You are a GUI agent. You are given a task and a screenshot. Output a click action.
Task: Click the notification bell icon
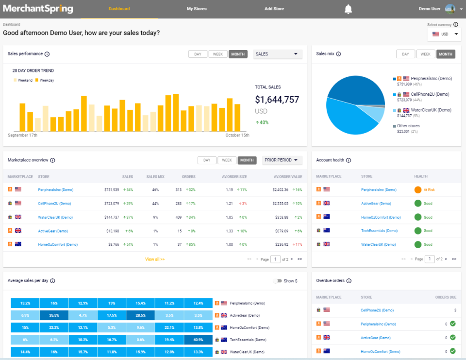[348, 9]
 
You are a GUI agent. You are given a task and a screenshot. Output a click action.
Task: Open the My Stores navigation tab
[197, 9]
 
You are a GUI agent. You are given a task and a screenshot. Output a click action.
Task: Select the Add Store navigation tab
[274, 9]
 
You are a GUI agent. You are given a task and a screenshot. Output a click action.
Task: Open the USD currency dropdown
[445, 34]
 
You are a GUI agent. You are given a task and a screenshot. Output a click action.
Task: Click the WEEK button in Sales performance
[218, 54]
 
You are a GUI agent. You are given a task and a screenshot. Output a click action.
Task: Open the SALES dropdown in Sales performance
[278, 54]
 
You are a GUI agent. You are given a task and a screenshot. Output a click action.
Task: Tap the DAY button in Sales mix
[405, 54]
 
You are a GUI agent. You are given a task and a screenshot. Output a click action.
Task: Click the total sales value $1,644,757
[277, 100]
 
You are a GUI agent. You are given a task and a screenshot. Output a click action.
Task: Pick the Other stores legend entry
[408, 126]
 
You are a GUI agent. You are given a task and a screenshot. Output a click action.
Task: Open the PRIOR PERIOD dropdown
[282, 160]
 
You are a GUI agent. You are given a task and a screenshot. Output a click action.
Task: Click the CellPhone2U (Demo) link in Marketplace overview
[54, 203]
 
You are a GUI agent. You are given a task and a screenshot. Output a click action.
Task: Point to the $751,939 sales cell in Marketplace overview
[111, 189]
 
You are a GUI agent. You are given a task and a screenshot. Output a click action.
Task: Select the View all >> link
[155, 259]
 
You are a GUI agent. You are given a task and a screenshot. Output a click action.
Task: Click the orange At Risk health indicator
[418, 189]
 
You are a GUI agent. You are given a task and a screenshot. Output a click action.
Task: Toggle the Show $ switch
[278, 281]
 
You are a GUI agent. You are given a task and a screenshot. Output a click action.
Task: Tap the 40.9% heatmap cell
[198, 340]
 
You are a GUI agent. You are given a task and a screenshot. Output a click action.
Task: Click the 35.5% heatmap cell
[54, 315]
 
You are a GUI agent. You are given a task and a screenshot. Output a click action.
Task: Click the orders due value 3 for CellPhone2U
[455, 310]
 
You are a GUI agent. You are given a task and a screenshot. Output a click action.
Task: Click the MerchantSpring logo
[38, 9]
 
